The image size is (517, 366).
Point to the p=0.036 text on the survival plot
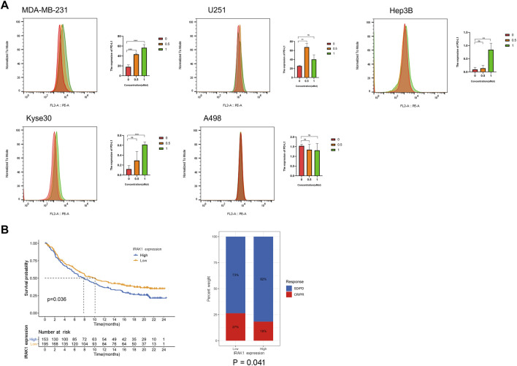tap(61, 300)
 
